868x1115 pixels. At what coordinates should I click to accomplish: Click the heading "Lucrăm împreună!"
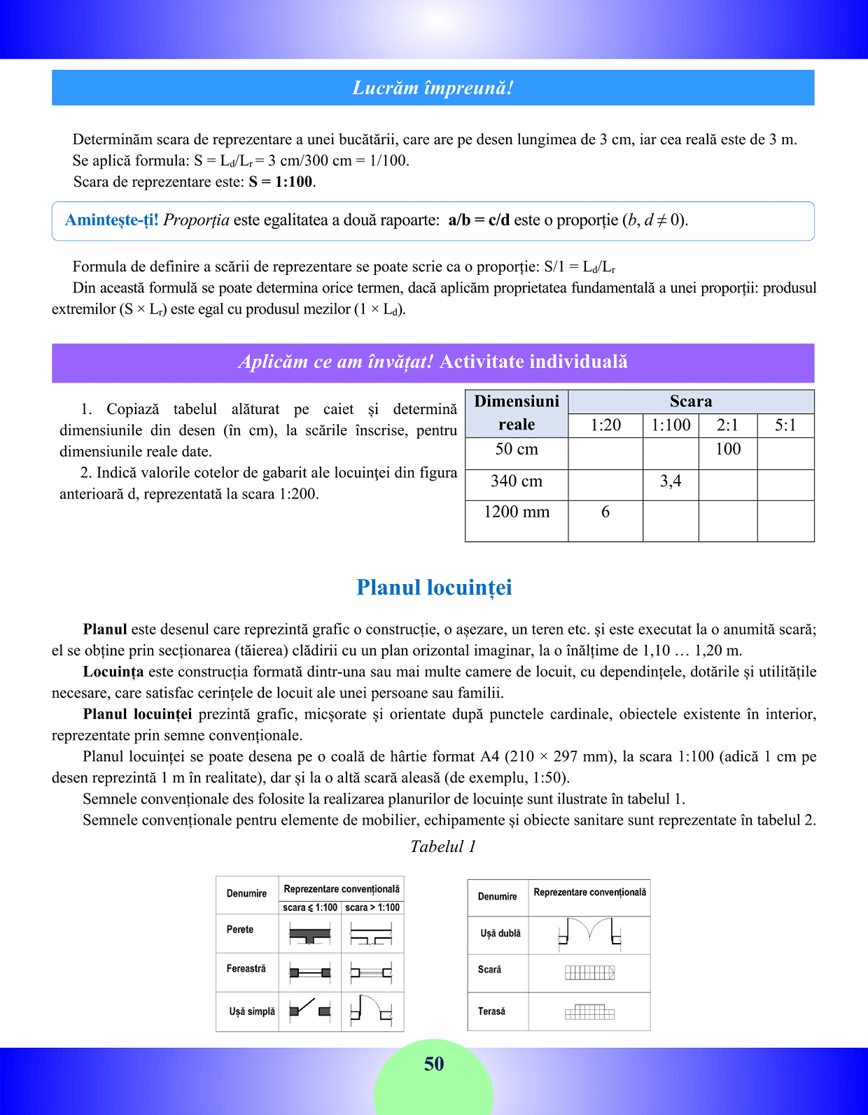tap(433, 88)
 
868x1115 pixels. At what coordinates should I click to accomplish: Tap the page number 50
tap(434, 1064)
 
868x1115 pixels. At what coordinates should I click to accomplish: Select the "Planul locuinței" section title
tap(434, 588)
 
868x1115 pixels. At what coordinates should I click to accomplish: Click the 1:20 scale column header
tap(605, 425)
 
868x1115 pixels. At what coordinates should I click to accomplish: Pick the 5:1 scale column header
tap(785, 425)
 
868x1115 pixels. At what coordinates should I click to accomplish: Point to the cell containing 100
tap(728, 450)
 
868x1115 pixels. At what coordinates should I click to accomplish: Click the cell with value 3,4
tap(671, 481)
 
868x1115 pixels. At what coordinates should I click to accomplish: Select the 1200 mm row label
tap(517, 513)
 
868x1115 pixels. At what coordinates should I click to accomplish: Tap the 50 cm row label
tap(517, 450)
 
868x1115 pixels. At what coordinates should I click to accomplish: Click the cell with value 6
tap(605, 513)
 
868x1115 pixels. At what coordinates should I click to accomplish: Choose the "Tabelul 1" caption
tap(443, 847)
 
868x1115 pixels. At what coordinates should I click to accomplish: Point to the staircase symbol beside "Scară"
tap(589, 972)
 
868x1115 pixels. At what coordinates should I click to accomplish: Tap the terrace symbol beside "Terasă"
tap(589, 1012)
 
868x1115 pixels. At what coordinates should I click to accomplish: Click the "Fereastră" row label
tap(246, 969)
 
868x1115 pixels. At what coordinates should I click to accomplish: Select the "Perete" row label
tap(240, 930)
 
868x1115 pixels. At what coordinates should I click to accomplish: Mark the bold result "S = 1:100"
tap(281, 182)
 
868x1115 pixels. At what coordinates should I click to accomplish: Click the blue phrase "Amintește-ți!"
tap(112, 220)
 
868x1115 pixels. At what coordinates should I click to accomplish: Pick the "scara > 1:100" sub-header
tap(372, 908)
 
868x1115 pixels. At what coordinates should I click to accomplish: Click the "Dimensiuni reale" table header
tap(517, 413)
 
